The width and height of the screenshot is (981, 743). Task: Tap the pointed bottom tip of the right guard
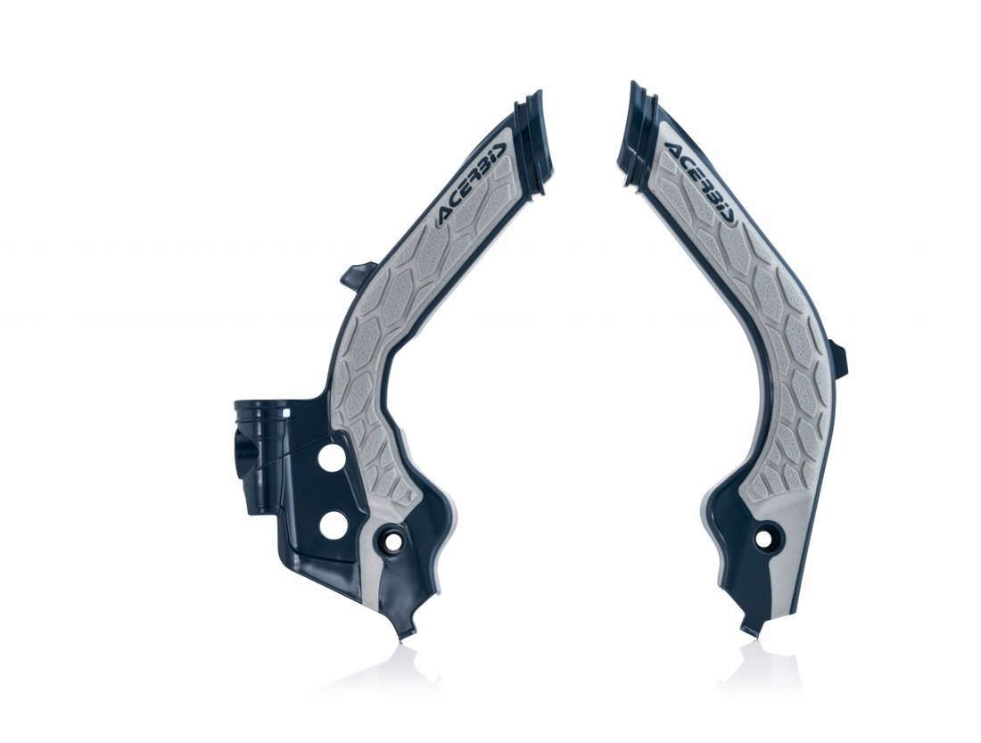[750, 630]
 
